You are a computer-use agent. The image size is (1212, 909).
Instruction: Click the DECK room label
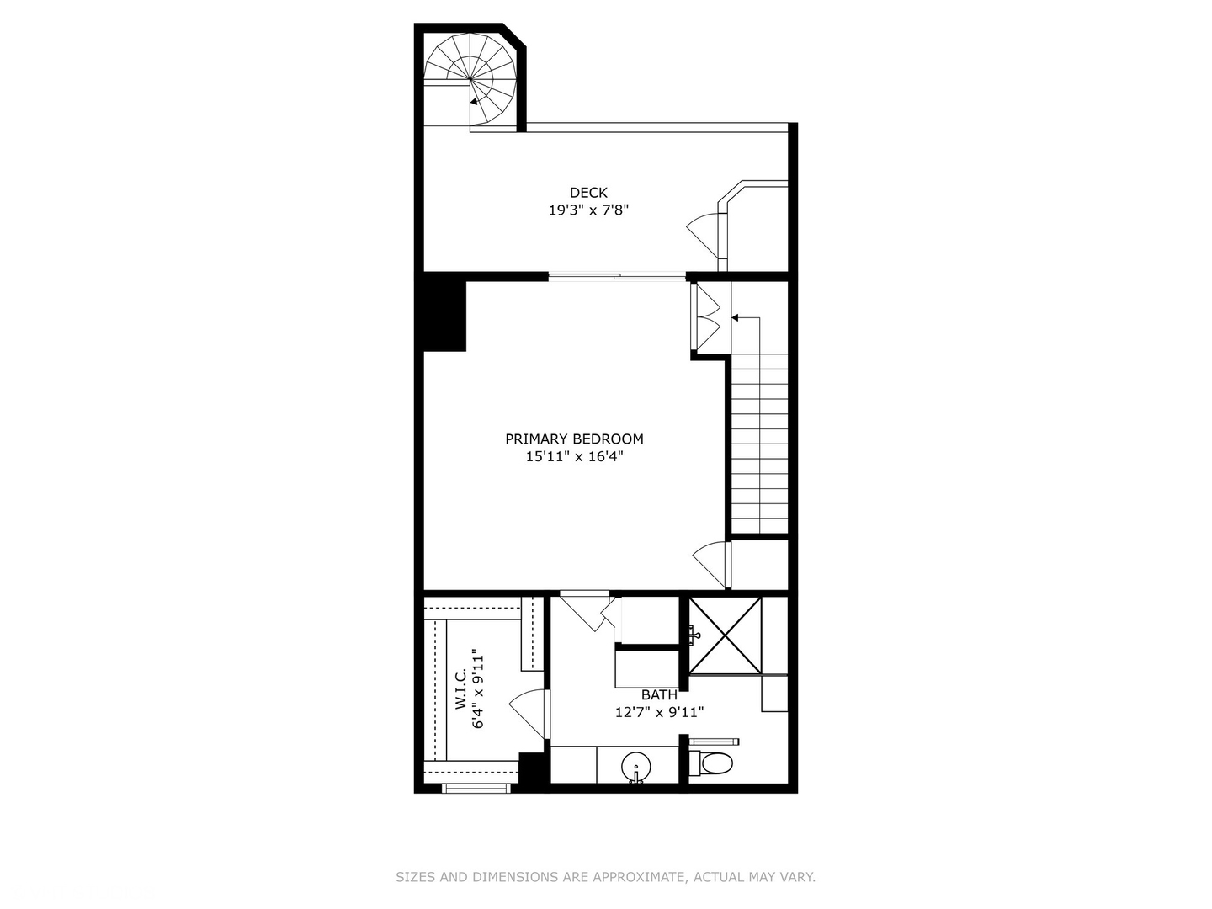[x=588, y=193]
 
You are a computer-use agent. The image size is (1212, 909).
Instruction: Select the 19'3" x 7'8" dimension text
[x=588, y=210]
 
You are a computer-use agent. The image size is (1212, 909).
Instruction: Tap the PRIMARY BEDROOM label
[x=574, y=439]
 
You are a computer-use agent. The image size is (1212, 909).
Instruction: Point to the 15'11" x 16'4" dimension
[x=574, y=457]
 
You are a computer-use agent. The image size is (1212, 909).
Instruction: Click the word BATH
[x=659, y=695]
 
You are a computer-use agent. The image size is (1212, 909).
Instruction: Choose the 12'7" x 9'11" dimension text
[x=659, y=712]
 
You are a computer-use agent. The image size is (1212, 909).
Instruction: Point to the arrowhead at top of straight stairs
[x=735, y=318]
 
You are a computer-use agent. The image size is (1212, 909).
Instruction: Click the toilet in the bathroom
[x=715, y=763]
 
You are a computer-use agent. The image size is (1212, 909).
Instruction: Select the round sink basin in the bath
[x=636, y=767]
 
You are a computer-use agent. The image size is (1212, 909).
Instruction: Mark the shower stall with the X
[x=726, y=635]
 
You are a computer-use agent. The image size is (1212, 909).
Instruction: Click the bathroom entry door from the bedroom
[x=587, y=609]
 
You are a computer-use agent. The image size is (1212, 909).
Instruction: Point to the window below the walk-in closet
[x=476, y=789]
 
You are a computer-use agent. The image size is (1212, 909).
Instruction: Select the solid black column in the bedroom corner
[x=444, y=316]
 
